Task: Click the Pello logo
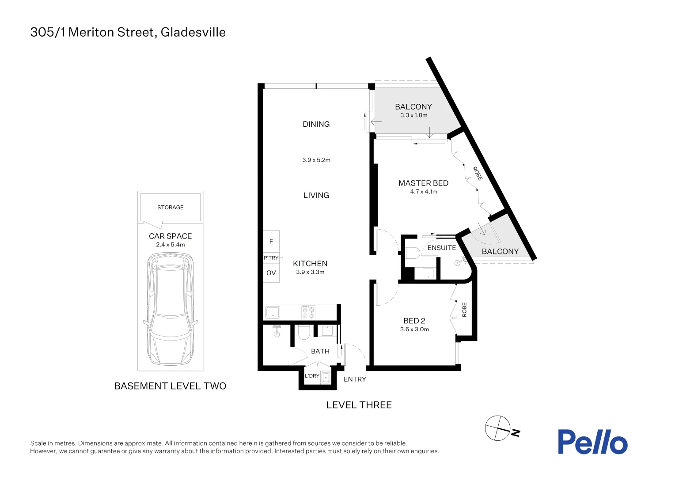pos(592,442)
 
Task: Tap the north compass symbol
pos(498,428)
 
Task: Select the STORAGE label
pos(170,207)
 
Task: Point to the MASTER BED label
pos(423,183)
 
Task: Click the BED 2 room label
pos(414,321)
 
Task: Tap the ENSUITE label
pos(441,248)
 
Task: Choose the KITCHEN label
pos(310,264)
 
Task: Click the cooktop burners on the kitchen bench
pos(308,312)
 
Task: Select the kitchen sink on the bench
pos(273,312)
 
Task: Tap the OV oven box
pos(271,273)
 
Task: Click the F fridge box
pos(271,241)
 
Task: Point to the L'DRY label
pos(312,376)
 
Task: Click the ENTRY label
pos(355,379)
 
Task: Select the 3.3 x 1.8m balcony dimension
pos(414,115)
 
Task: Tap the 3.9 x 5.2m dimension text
pos(316,160)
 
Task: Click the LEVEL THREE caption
pos(359,405)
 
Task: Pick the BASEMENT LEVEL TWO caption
pos(170,386)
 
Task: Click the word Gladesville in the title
pos(193,32)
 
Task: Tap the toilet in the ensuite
pos(413,253)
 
